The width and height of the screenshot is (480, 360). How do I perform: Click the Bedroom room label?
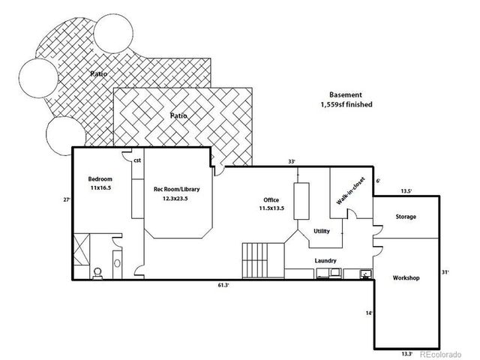pyautogui.click(x=100, y=179)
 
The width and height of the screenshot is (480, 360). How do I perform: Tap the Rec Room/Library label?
pyautogui.click(x=177, y=189)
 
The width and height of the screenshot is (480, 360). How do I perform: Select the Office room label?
pyautogui.click(x=271, y=200)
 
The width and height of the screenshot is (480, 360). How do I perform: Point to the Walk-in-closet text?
pyautogui.click(x=351, y=190)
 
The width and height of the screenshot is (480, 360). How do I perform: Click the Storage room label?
pyautogui.click(x=406, y=217)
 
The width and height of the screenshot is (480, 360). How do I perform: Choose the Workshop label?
pyautogui.click(x=406, y=278)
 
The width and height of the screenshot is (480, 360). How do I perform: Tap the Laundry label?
pyautogui.click(x=325, y=261)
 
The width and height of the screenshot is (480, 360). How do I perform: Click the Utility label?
pyautogui.click(x=322, y=231)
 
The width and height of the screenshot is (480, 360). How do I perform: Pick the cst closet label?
pyautogui.click(x=137, y=160)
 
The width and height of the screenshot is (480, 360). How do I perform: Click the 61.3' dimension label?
pyautogui.click(x=223, y=285)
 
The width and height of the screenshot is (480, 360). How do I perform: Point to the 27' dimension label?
pyautogui.click(x=67, y=199)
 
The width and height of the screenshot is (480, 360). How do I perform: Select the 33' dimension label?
pyautogui.click(x=292, y=161)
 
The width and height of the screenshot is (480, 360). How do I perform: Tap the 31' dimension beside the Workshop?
pyautogui.click(x=445, y=271)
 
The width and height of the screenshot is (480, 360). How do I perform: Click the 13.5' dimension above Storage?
pyautogui.click(x=406, y=191)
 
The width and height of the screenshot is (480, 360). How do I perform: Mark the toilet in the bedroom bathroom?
pyautogui.click(x=97, y=273)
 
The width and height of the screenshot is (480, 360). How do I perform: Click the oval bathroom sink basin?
pyautogui.click(x=117, y=263)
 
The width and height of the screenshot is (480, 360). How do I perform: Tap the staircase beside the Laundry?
pyautogui.click(x=263, y=261)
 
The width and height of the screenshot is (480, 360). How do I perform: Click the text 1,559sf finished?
pyautogui.click(x=346, y=104)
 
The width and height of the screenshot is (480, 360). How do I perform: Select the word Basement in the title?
pyautogui.click(x=346, y=95)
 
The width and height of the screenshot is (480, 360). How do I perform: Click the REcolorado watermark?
pyautogui.click(x=441, y=354)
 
